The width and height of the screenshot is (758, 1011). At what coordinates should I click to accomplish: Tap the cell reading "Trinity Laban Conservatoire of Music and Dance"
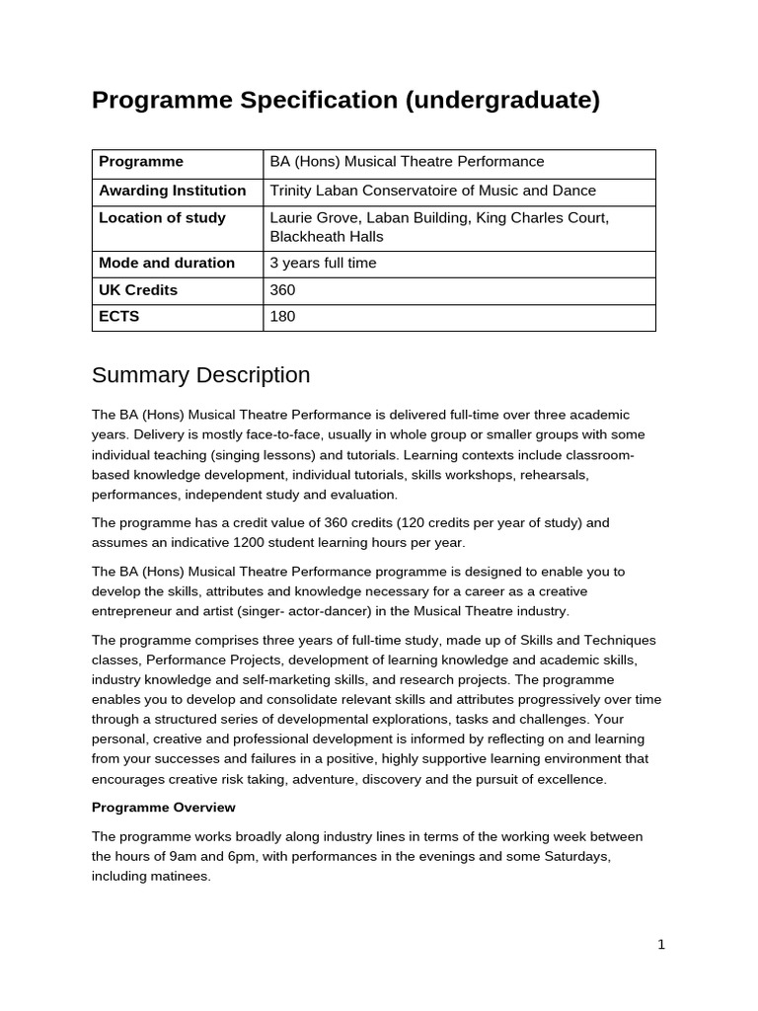pos(432,191)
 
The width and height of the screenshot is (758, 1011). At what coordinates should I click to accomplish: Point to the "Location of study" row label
pos(162,218)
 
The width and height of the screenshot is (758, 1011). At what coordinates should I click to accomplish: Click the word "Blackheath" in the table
pos(307,237)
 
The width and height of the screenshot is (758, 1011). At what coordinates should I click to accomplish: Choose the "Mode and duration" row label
pos(166,264)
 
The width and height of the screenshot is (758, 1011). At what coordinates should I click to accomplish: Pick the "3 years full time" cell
pos(323,264)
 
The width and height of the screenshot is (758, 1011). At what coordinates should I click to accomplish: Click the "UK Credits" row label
pos(138,290)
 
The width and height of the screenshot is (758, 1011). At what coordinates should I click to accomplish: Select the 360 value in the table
pos(282,290)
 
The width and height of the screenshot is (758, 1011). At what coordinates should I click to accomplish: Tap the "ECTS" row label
pos(119,317)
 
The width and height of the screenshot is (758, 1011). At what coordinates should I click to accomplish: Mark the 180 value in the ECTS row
pos(282,317)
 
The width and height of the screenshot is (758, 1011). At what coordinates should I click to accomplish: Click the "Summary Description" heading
pos(200,375)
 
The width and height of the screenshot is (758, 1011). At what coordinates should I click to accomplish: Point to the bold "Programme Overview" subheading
pos(163,808)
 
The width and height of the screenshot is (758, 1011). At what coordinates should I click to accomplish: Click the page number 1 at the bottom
pos(661,945)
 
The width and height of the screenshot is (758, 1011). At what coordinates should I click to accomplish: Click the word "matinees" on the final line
pos(179,876)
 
